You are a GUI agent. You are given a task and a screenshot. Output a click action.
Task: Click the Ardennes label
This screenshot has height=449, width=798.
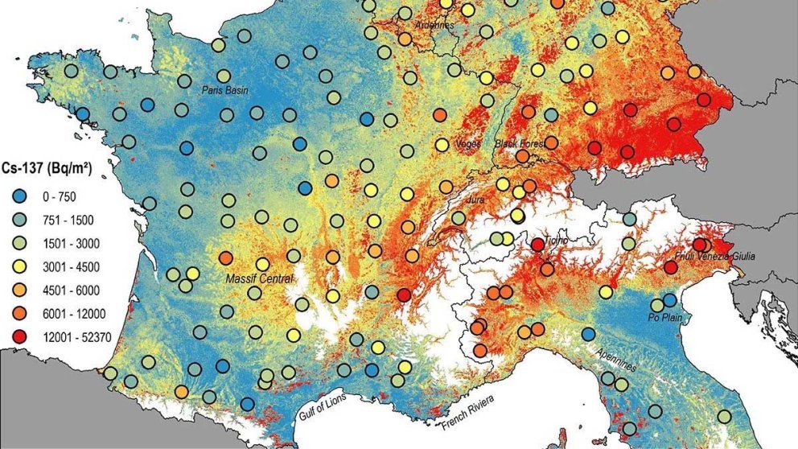coord(434,25)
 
